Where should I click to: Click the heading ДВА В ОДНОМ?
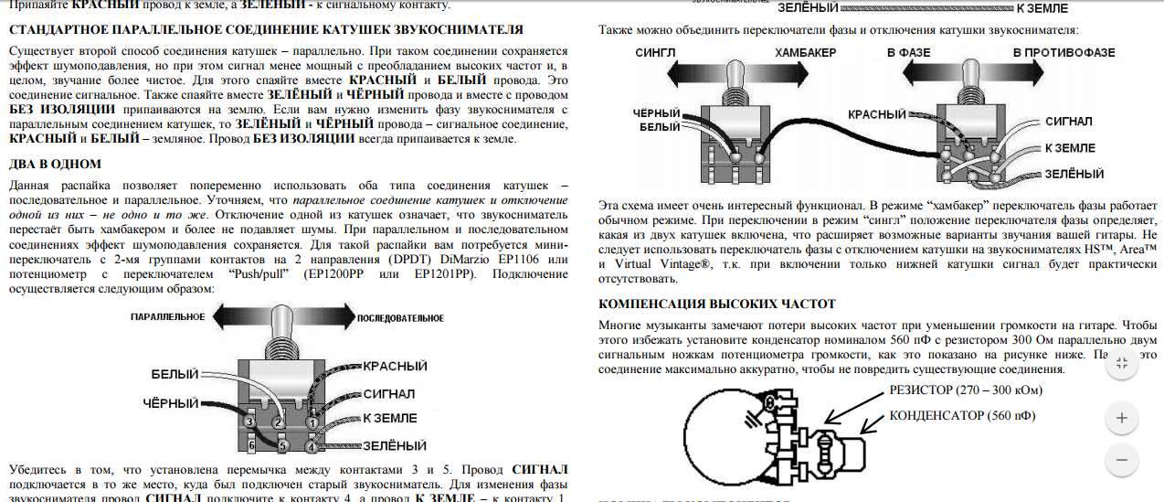[55, 164]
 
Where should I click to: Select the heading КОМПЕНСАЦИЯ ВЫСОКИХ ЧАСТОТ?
[716, 304]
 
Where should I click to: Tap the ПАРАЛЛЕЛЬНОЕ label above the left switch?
[166, 317]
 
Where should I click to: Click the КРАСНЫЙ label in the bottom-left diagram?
[395, 366]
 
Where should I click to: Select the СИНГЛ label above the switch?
[655, 52]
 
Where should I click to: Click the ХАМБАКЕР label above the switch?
[805, 52]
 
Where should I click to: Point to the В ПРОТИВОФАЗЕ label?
[1063, 52]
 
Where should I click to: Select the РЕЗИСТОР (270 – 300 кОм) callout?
[966, 390]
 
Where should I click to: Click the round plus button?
[1121, 419]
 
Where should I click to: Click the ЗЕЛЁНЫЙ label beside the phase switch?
[1074, 174]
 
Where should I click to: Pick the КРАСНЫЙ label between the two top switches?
[876, 114]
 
